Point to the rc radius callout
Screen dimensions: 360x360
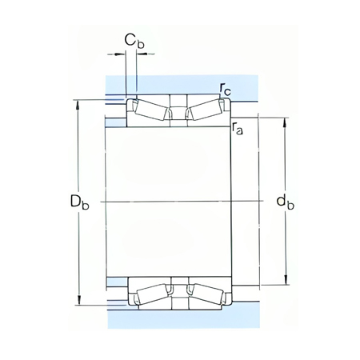226,91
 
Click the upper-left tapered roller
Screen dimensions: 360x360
151,110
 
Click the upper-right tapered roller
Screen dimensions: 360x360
205,110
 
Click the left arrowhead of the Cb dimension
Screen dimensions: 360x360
122,54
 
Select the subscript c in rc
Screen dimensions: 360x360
230,94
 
